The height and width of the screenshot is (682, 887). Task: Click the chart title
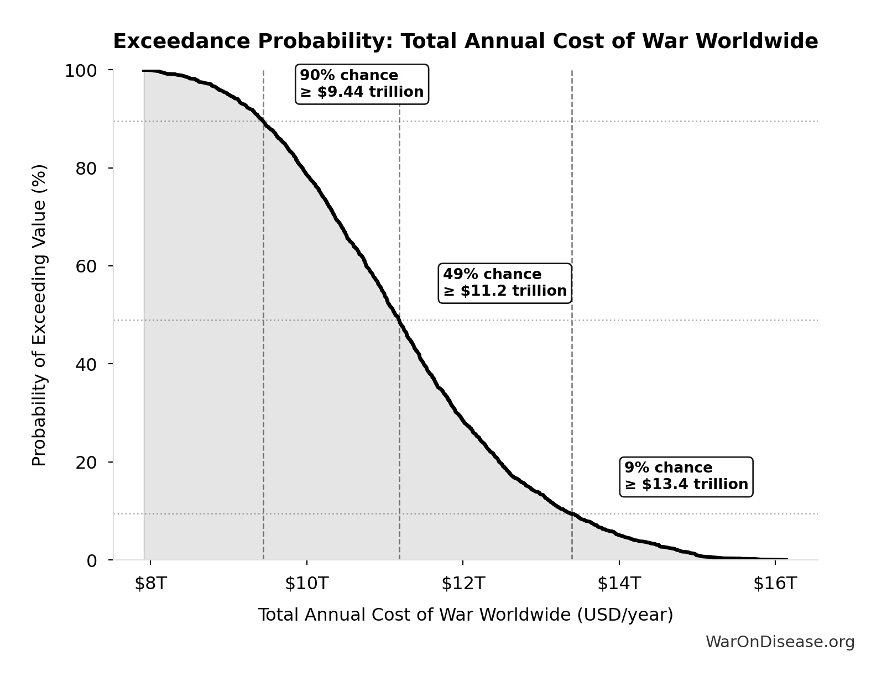465,41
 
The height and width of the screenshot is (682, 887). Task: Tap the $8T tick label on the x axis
150,583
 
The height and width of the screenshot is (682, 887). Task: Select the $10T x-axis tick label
306,583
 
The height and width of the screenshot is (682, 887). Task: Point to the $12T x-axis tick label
463,583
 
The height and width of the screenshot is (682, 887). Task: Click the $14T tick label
619,583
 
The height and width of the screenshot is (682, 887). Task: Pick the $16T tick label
775,583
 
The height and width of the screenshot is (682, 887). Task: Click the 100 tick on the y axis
81,71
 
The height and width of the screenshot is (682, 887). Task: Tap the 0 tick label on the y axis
91,560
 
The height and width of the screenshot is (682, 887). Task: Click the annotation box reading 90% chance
362,84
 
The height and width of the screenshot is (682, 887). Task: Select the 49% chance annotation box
504,283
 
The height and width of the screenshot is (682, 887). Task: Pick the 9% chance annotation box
686,476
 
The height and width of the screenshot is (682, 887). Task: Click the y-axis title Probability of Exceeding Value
39,315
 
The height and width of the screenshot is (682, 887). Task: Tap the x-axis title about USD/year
465,615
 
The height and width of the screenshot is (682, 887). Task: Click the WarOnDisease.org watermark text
780,642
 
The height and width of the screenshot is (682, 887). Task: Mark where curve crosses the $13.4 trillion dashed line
572,514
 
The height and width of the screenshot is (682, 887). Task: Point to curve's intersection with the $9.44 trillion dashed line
263,121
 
